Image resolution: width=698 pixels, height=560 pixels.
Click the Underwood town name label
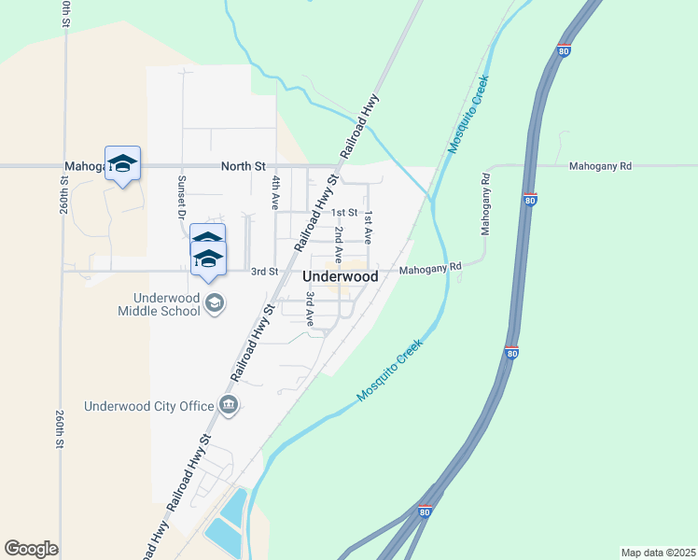[x=341, y=277]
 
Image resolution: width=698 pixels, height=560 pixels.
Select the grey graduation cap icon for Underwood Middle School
[x=215, y=303]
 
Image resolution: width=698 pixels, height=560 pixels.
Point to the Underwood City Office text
[x=148, y=406]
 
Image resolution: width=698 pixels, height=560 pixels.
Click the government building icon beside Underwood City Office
[x=228, y=404]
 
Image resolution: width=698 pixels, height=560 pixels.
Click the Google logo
[x=31, y=549]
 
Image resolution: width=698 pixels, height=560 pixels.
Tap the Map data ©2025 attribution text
[x=658, y=553]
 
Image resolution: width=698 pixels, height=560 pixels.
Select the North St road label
[x=237, y=167]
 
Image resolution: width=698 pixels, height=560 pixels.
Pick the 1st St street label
[x=344, y=214]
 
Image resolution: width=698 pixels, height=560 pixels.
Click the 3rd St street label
[x=265, y=272]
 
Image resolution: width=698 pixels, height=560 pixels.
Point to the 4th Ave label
[x=276, y=190]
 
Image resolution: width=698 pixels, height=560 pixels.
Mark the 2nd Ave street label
[x=339, y=242]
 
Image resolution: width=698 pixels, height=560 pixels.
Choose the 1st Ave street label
[x=369, y=228]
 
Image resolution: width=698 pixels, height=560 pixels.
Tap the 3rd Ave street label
[x=310, y=307]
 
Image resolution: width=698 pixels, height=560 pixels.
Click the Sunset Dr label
[x=183, y=196]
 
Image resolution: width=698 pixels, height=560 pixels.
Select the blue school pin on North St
[x=122, y=164]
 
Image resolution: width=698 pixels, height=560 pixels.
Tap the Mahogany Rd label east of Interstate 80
[x=600, y=166]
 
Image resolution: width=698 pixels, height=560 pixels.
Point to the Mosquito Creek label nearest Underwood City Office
[x=390, y=371]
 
